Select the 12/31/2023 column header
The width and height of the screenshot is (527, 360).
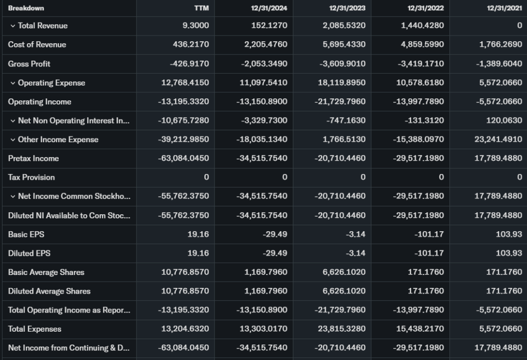pos(347,8)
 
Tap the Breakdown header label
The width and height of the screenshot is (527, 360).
pos(26,8)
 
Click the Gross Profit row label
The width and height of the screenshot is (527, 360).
pos(29,64)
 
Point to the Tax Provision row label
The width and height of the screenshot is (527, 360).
pos(31,177)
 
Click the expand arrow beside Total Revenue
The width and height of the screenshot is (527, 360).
pos(12,26)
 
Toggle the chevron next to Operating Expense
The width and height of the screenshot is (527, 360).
pos(12,83)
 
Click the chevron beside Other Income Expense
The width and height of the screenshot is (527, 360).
pos(12,140)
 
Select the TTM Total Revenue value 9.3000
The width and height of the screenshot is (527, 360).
pos(196,26)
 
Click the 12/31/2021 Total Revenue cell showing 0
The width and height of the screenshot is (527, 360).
pos(519,26)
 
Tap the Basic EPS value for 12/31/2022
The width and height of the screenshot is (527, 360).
pos(430,234)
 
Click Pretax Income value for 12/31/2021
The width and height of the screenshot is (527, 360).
pos(498,159)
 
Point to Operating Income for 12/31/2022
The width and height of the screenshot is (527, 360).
pos(418,102)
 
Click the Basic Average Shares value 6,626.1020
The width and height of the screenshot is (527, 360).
pos(344,272)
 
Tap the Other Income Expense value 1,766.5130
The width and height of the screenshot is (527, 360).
pos(344,140)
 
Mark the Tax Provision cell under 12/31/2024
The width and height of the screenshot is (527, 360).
pos(285,177)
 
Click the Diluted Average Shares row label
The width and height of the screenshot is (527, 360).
pos(49,292)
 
